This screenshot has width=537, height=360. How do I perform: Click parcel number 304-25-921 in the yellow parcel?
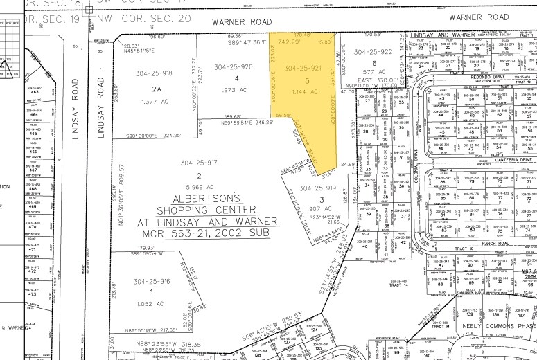[303, 68]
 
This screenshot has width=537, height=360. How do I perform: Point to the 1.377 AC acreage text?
[156, 101]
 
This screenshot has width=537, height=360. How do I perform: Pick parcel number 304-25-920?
[234, 67]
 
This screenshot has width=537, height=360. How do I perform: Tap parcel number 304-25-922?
[373, 52]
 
